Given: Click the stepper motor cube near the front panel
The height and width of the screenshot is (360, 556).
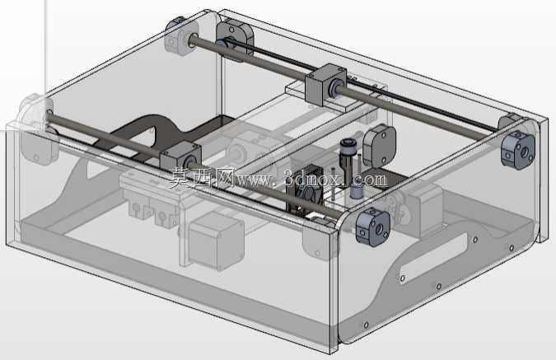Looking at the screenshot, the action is pyautogui.click(x=217, y=241).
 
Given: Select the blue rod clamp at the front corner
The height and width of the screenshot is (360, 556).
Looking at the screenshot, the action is pyautogui.click(x=373, y=227).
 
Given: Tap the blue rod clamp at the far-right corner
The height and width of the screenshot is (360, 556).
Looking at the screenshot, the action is pyautogui.click(x=518, y=149).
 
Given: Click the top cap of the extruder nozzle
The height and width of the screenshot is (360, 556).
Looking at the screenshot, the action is pyautogui.click(x=347, y=146).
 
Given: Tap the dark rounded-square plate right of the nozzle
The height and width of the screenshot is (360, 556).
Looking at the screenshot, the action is pyautogui.click(x=379, y=146).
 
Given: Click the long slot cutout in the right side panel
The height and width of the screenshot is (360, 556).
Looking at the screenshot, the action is pyautogui.click(x=433, y=257).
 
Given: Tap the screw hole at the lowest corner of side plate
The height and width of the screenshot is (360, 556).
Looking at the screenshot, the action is pyautogui.click(x=366, y=325).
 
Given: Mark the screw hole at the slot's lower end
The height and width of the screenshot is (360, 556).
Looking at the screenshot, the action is pyautogui.click(x=403, y=278).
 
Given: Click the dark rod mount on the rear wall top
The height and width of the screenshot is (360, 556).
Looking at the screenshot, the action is pyautogui.click(x=235, y=39).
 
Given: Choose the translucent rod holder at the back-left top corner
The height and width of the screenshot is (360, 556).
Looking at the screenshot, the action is pyautogui.click(x=181, y=35).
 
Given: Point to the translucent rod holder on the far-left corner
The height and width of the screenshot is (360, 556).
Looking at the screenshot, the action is pyautogui.click(x=35, y=129).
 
